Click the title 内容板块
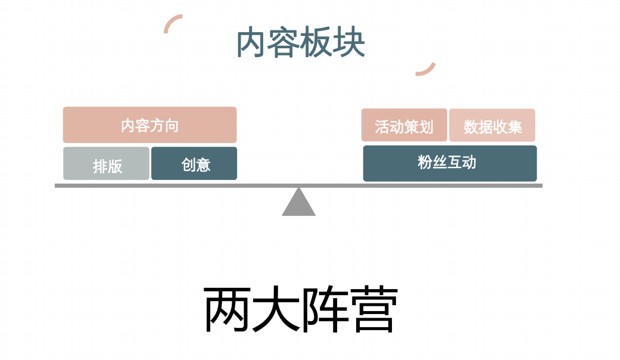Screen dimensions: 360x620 tap(301, 43)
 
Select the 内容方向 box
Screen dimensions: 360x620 tap(149, 125)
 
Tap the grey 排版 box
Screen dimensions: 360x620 tap(107, 164)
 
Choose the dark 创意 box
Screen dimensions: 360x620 tap(194, 163)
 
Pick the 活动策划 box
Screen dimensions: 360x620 tap(404, 126)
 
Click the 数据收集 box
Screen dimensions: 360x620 tap(492, 126)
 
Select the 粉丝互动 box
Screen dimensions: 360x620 tap(450, 163)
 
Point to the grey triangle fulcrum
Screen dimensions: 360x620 tap(298, 204)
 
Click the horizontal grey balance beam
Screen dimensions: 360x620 tap(179, 185)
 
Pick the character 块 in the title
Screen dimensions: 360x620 tap(349, 43)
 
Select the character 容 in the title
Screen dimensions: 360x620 tap(284, 43)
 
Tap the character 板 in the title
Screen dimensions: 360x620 tap(316, 43)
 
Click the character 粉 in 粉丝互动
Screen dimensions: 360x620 tap(425, 162)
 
